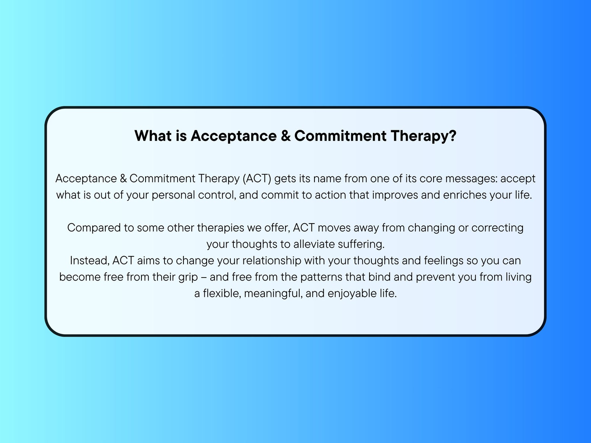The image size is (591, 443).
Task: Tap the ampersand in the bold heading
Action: click(x=285, y=136)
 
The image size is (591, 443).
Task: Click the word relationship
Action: click(x=272, y=260)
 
